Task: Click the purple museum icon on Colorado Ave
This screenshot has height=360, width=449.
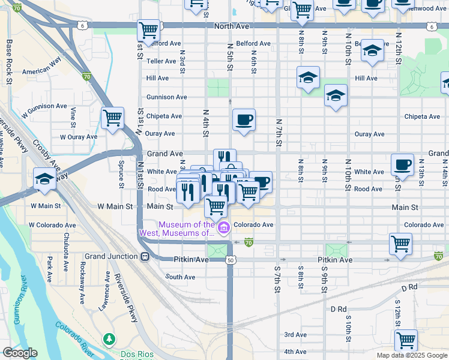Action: pos(224,227)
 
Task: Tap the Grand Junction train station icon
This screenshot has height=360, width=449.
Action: pos(145,256)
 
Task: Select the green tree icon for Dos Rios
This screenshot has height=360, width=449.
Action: pos(109,340)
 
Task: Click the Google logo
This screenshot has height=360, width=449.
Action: pos(20,353)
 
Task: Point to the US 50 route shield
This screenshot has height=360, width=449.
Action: pos(231,260)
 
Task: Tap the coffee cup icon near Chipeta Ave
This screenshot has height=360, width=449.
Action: pos(244,120)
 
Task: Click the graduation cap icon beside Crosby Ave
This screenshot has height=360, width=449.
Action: pos(44,180)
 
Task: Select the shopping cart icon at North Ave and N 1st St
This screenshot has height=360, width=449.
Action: pos(148,30)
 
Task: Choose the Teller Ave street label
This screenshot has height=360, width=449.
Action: pos(161,61)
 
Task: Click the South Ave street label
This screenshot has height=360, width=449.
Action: pos(181,277)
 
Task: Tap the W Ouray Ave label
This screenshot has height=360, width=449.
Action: pos(78,137)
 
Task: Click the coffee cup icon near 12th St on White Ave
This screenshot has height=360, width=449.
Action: pos(402,164)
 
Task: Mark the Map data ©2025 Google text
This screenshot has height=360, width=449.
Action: pos(412,355)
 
